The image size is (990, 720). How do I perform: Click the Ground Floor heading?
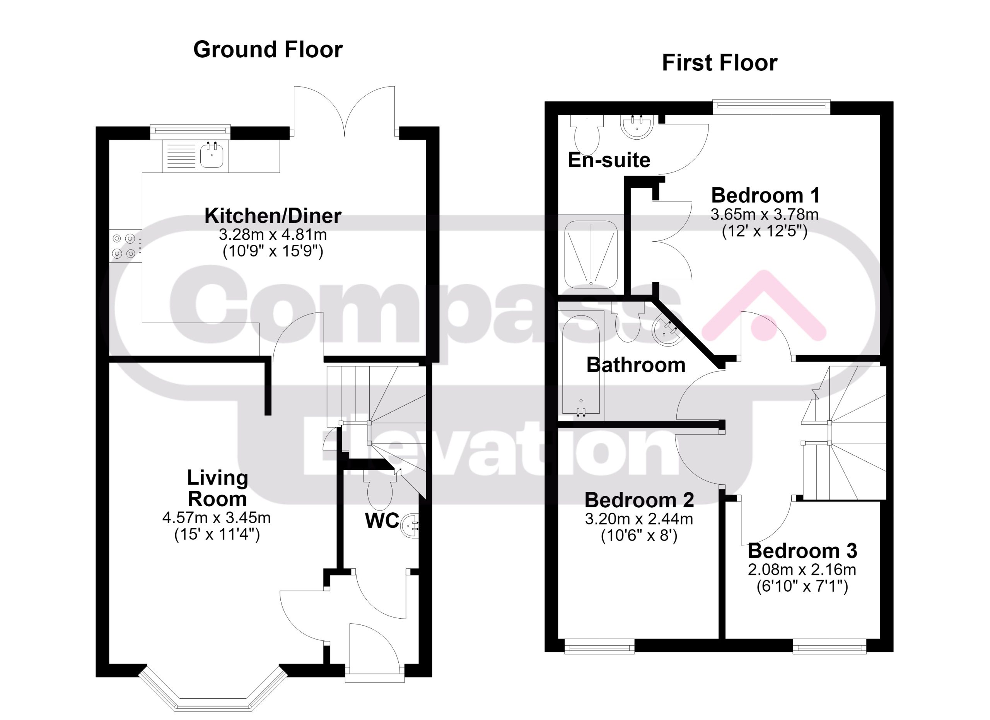tap(268, 49)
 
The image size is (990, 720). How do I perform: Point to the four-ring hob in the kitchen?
tap(125, 246)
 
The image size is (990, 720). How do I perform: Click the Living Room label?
tap(217, 488)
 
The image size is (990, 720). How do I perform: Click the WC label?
tap(382, 520)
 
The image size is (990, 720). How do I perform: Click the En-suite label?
tap(609, 160)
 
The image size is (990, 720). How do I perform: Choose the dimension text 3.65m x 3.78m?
tap(764, 215)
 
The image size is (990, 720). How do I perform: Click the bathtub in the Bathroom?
tap(581, 364)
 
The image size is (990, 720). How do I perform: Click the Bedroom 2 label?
tap(639, 500)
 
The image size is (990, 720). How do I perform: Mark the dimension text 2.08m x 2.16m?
tap(802, 570)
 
